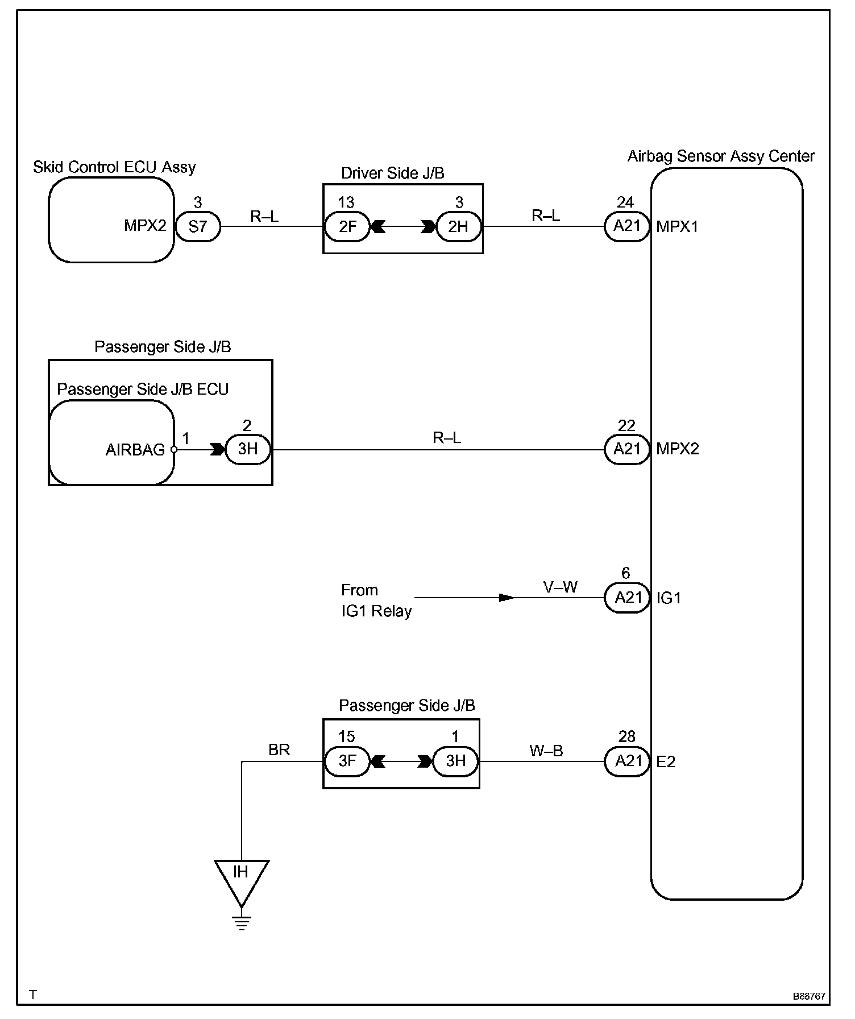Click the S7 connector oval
click(197, 226)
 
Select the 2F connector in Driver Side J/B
click(347, 226)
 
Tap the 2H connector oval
click(458, 226)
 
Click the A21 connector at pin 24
click(627, 226)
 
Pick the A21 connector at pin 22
click(627, 449)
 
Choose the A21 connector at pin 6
click(627, 598)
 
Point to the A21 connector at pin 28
click(627, 761)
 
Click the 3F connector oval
click(347, 761)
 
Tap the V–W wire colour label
click(561, 587)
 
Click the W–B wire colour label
click(546, 751)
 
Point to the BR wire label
click(279, 750)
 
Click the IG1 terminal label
click(669, 598)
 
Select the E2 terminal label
click(666, 761)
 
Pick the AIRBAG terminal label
click(135, 450)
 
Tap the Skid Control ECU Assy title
click(114, 167)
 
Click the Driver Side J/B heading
click(393, 173)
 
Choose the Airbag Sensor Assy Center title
click(721, 156)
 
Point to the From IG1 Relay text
click(376, 600)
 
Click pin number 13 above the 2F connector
click(346, 202)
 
